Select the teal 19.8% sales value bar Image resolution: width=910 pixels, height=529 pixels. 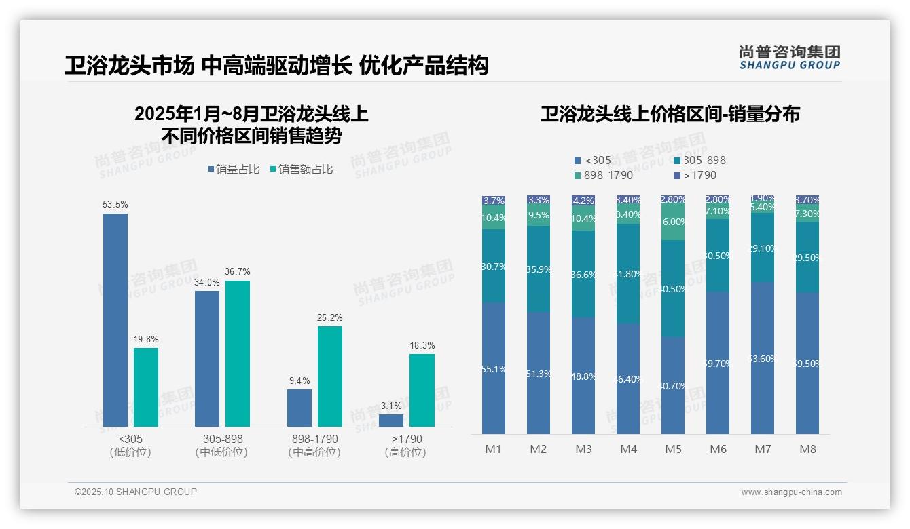(146, 387)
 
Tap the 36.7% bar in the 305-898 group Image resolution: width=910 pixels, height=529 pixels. (238, 353)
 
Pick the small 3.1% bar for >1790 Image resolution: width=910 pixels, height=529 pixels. (391, 420)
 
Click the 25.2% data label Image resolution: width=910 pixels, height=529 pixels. (330, 317)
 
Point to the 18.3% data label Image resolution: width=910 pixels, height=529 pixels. (422, 345)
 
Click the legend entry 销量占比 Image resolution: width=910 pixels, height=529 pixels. (234, 170)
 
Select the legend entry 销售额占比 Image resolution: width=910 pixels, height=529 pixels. (302, 170)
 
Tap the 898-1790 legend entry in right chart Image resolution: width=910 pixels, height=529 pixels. (604, 175)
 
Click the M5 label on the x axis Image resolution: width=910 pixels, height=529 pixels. (673, 449)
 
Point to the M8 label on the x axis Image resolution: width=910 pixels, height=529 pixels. (807, 449)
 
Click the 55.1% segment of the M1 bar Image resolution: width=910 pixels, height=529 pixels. (494, 368)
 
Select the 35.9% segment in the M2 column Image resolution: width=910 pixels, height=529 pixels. (539, 269)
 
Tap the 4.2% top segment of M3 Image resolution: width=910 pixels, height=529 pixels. (583, 201)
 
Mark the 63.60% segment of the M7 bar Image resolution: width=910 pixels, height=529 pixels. (763, 358)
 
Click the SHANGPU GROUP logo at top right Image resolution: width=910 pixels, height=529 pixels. (789, 58)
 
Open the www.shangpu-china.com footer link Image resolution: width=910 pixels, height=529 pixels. (791, 492)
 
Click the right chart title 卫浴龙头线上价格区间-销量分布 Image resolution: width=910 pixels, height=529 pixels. (670, 114)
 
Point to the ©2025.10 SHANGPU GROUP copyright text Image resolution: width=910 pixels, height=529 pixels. (136, 492)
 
